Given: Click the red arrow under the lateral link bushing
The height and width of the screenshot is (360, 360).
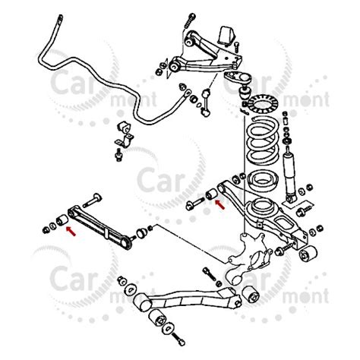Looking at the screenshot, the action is coord(71,232).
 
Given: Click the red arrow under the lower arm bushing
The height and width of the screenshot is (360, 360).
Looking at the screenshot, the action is coord(219,204).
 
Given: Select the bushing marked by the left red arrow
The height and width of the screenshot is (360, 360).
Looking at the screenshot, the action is coord(62,219).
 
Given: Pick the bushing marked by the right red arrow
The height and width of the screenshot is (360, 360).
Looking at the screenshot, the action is coord(210,194).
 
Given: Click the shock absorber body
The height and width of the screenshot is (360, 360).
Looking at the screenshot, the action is coord(289,175).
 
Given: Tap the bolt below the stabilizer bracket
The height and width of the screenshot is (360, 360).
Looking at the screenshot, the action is coord(118,155).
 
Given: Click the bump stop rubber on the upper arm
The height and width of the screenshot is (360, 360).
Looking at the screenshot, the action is coord(225,36).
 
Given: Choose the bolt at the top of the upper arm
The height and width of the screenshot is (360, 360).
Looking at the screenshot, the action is coord(189,21).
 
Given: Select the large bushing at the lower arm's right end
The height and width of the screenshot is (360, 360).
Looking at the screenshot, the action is coord(308,253).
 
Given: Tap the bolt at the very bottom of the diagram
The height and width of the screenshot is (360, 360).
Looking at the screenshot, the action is coord(178,339).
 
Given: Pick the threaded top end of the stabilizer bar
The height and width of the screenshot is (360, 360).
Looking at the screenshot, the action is coord(60,19).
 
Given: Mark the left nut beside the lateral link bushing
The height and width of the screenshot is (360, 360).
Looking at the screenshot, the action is coord(46,230).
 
